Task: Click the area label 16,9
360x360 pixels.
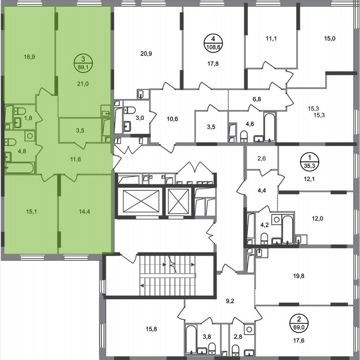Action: point(29,57)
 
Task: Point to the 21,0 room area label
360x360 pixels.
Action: point(83,83)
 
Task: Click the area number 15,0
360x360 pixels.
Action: point(330,39)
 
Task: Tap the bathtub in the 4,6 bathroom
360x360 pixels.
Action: point(270,126)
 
